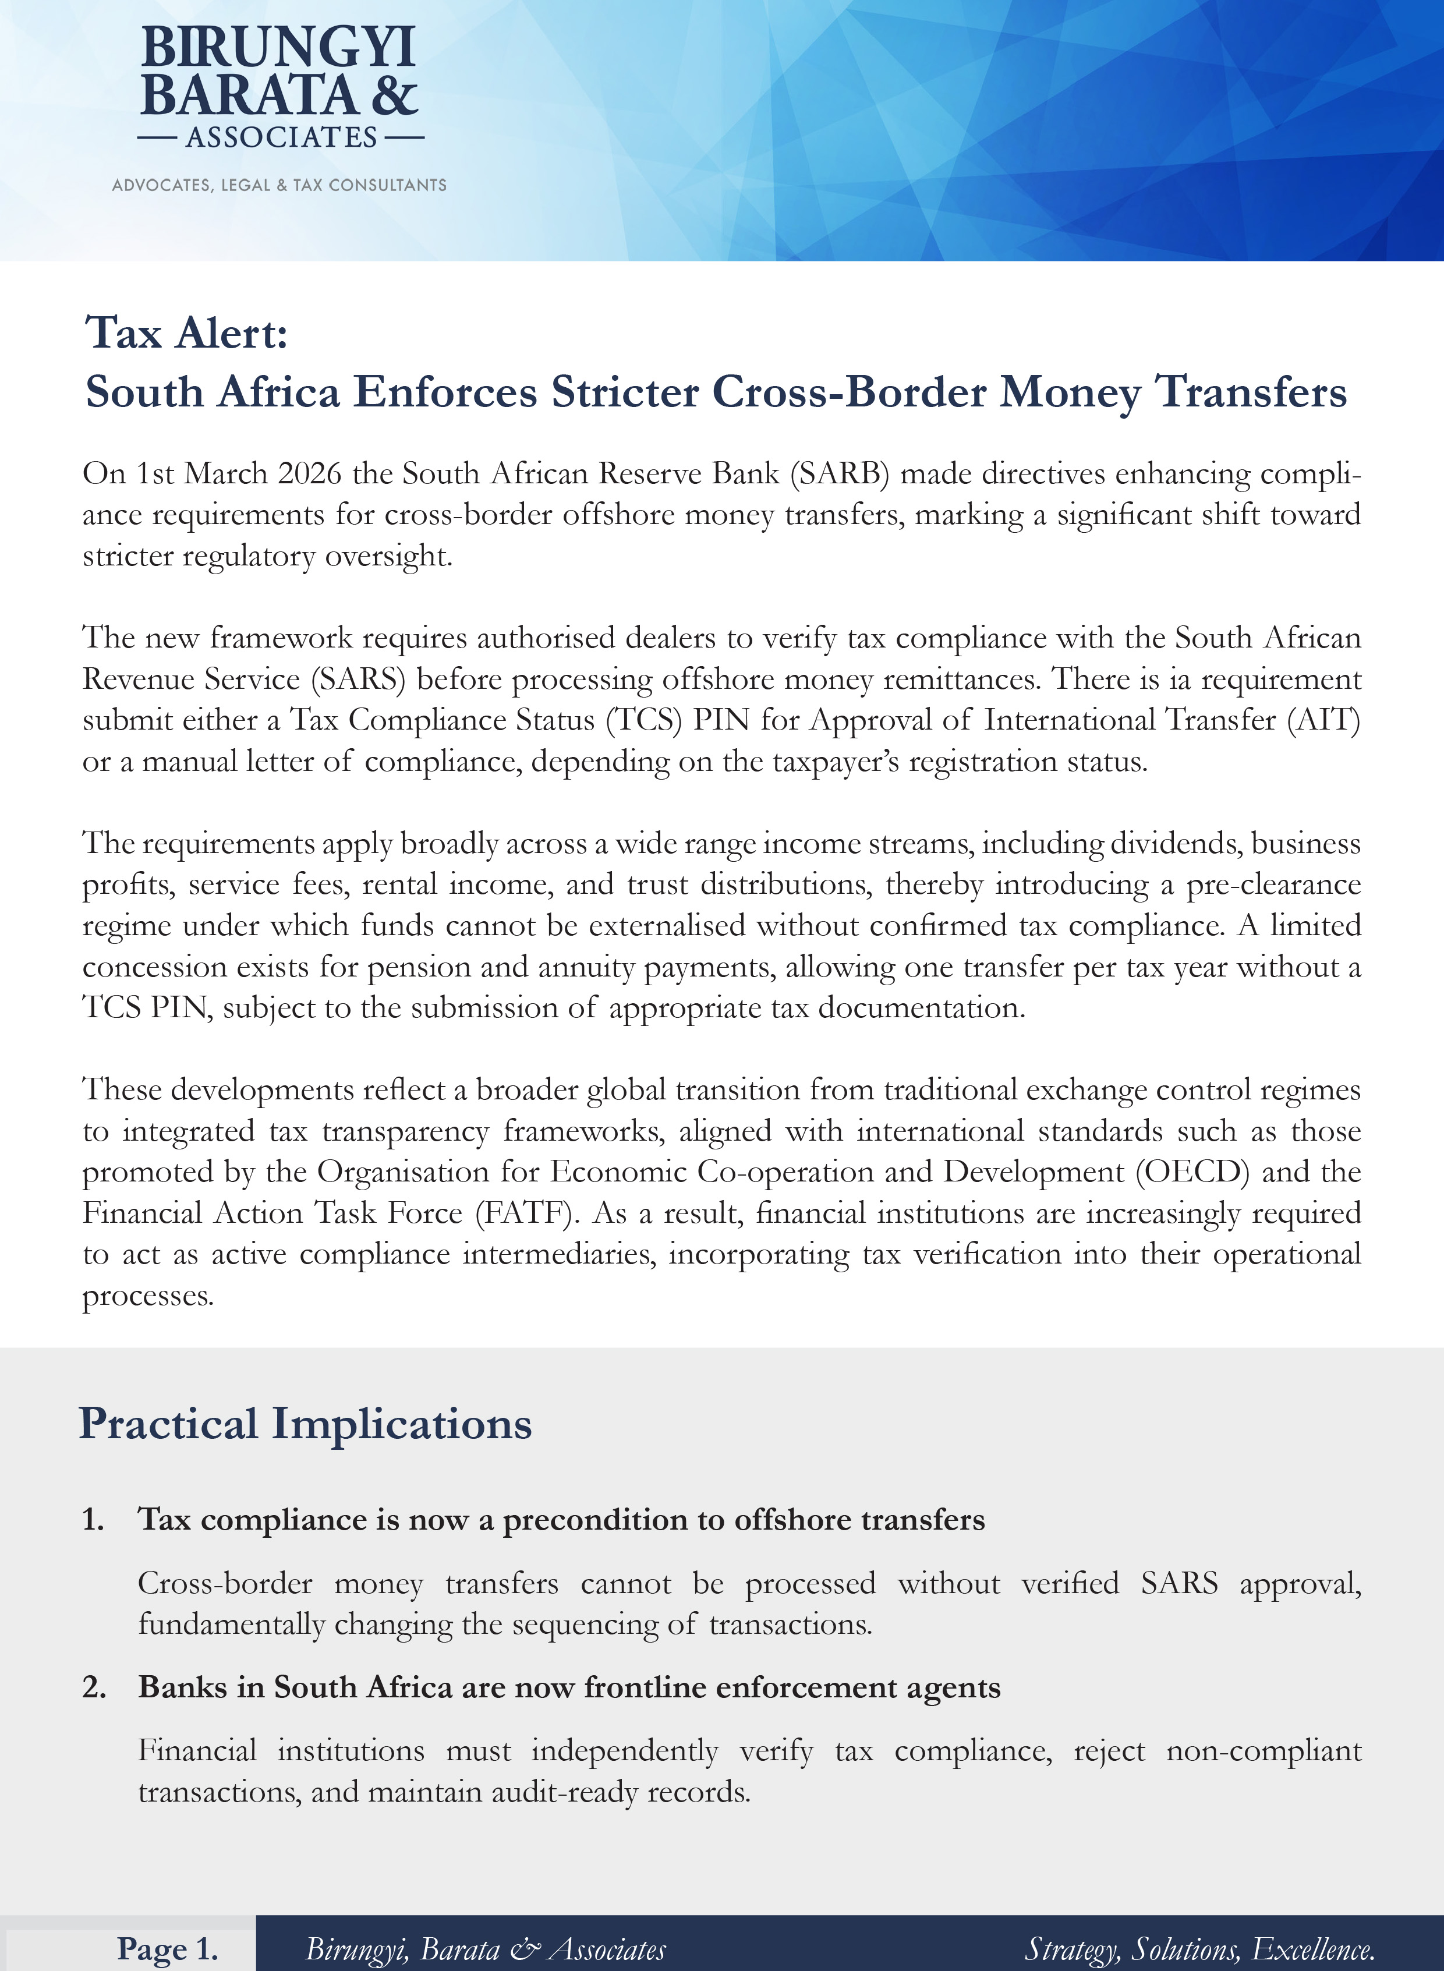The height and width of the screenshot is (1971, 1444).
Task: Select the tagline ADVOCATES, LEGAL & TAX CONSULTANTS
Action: [x=279, y=185]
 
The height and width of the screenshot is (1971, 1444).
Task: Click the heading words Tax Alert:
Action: [x=186, y=333]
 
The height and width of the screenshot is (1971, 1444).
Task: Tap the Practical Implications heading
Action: [x=305, y=1424]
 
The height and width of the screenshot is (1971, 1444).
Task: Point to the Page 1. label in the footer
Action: [x=168, y=1949]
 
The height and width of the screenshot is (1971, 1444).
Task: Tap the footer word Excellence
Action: [x=1314, y=1949]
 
